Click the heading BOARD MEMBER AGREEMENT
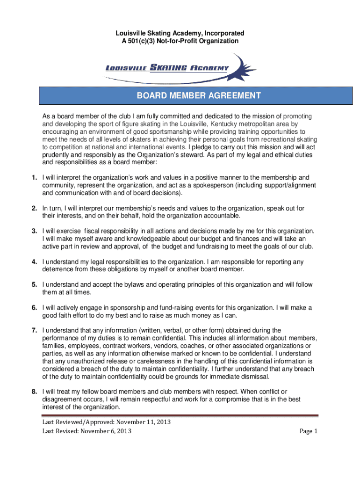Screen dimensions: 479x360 pos(198,96)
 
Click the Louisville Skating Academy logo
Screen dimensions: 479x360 pos(180,68)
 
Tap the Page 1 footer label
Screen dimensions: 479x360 pos(309,431)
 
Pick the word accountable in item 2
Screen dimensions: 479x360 pos(219,216)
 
